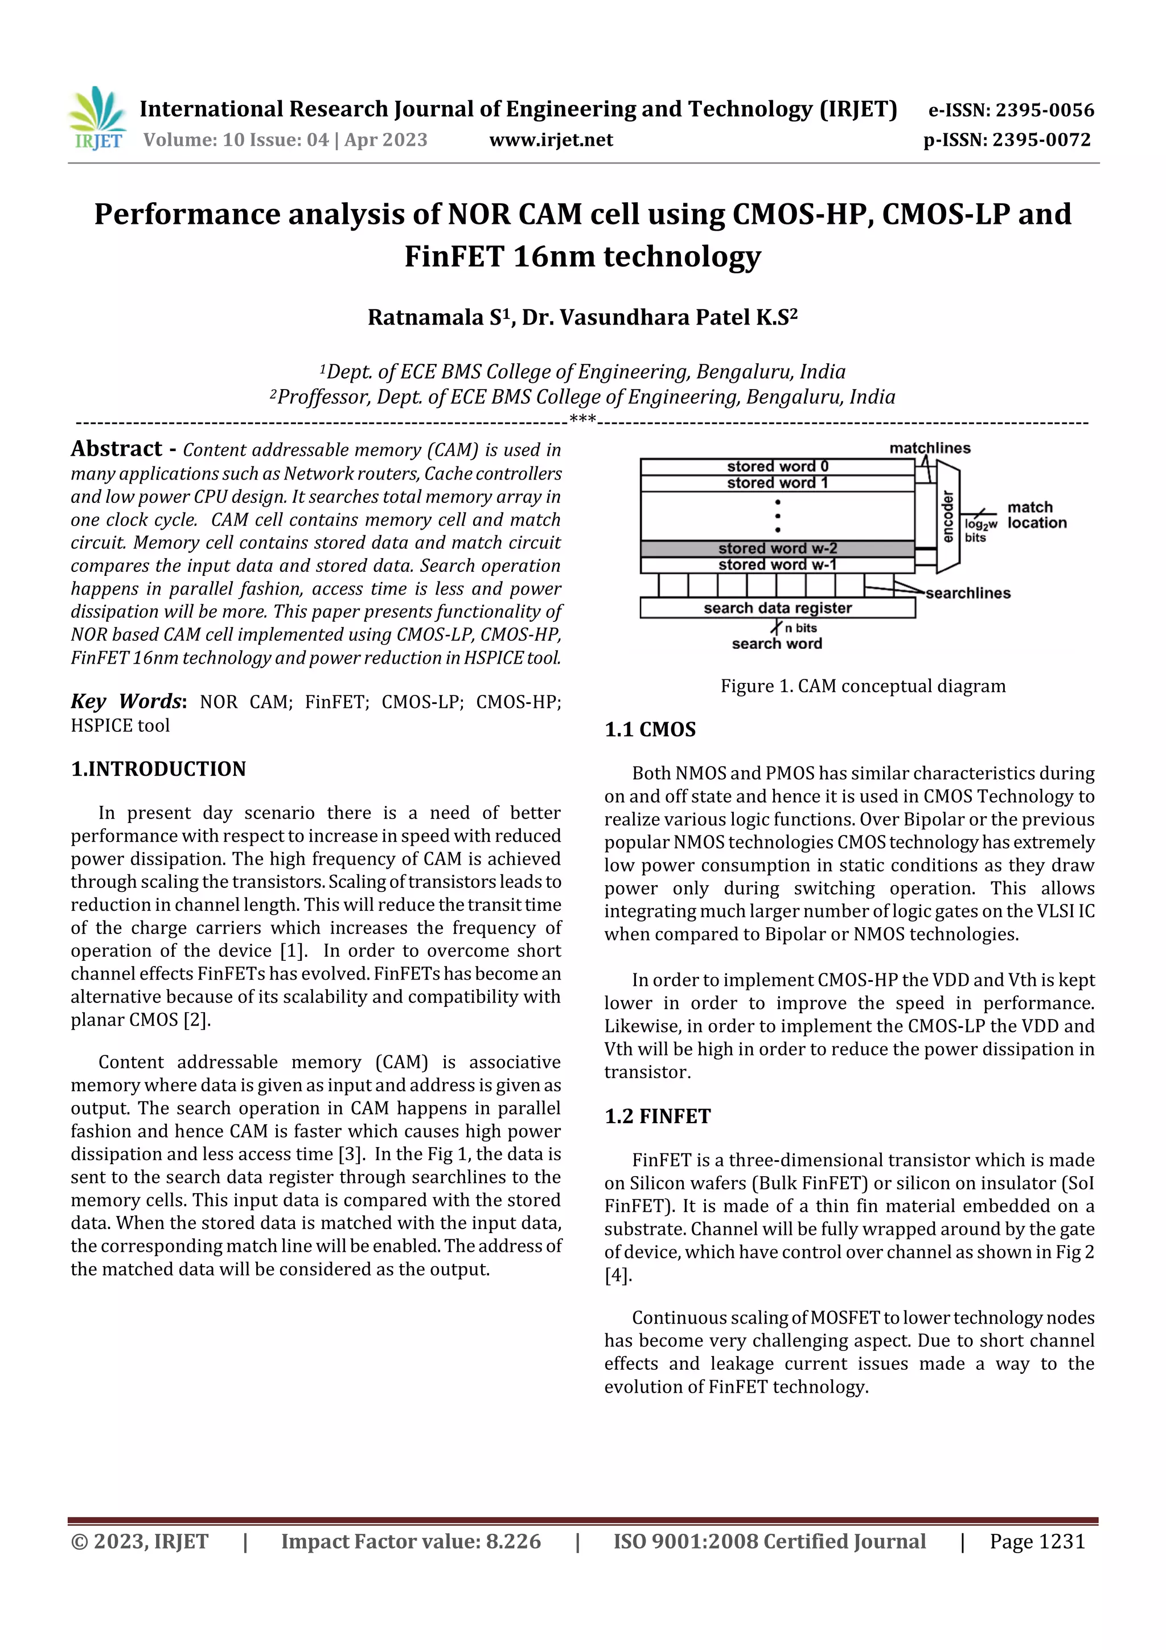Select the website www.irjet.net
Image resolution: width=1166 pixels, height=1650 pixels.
click(551, 140)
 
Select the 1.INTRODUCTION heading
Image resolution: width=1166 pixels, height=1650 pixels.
click(158, 769)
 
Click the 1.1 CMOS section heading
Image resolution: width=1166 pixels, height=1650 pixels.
click(650, 730)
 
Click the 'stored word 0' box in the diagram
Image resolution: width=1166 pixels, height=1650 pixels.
click(777, 466)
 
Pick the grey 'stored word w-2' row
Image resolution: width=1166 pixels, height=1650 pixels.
click(777, 548)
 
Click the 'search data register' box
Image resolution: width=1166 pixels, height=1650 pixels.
click(777, 608)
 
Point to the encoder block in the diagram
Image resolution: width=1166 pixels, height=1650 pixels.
click(947, 516)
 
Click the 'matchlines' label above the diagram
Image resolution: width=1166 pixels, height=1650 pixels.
click(930, 448)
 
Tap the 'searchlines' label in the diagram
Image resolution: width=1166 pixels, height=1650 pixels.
click(968, 593)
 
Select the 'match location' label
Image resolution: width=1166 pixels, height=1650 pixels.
click(1036, 515)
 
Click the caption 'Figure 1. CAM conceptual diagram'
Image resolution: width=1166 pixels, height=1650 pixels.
click(863, 686)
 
